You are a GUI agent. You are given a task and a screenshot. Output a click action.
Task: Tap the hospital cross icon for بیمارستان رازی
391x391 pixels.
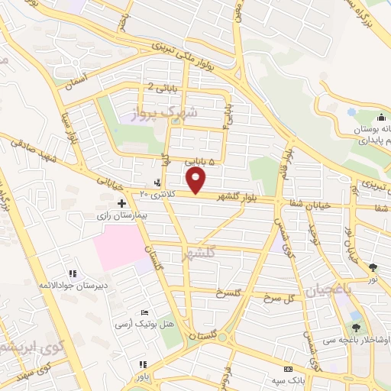(122, 203)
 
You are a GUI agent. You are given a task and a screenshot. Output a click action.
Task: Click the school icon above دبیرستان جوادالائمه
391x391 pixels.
(73, 273)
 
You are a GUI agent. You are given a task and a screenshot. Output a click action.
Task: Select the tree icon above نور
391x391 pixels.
(373, 267)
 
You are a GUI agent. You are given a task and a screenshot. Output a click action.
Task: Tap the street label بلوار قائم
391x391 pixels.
(288, 157)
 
